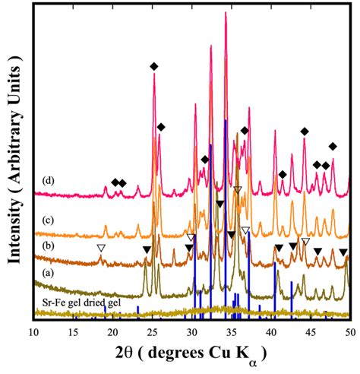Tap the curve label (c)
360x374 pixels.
point(48,220)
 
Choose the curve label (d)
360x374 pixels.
point(48,181)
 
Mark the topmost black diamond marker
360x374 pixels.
point(154,67)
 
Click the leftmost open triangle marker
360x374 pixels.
point(100,248)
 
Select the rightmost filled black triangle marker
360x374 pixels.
point(343,252)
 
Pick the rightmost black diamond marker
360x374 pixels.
point(332,146)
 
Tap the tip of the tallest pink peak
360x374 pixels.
point(226,13)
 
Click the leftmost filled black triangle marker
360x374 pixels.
point(147,249)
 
